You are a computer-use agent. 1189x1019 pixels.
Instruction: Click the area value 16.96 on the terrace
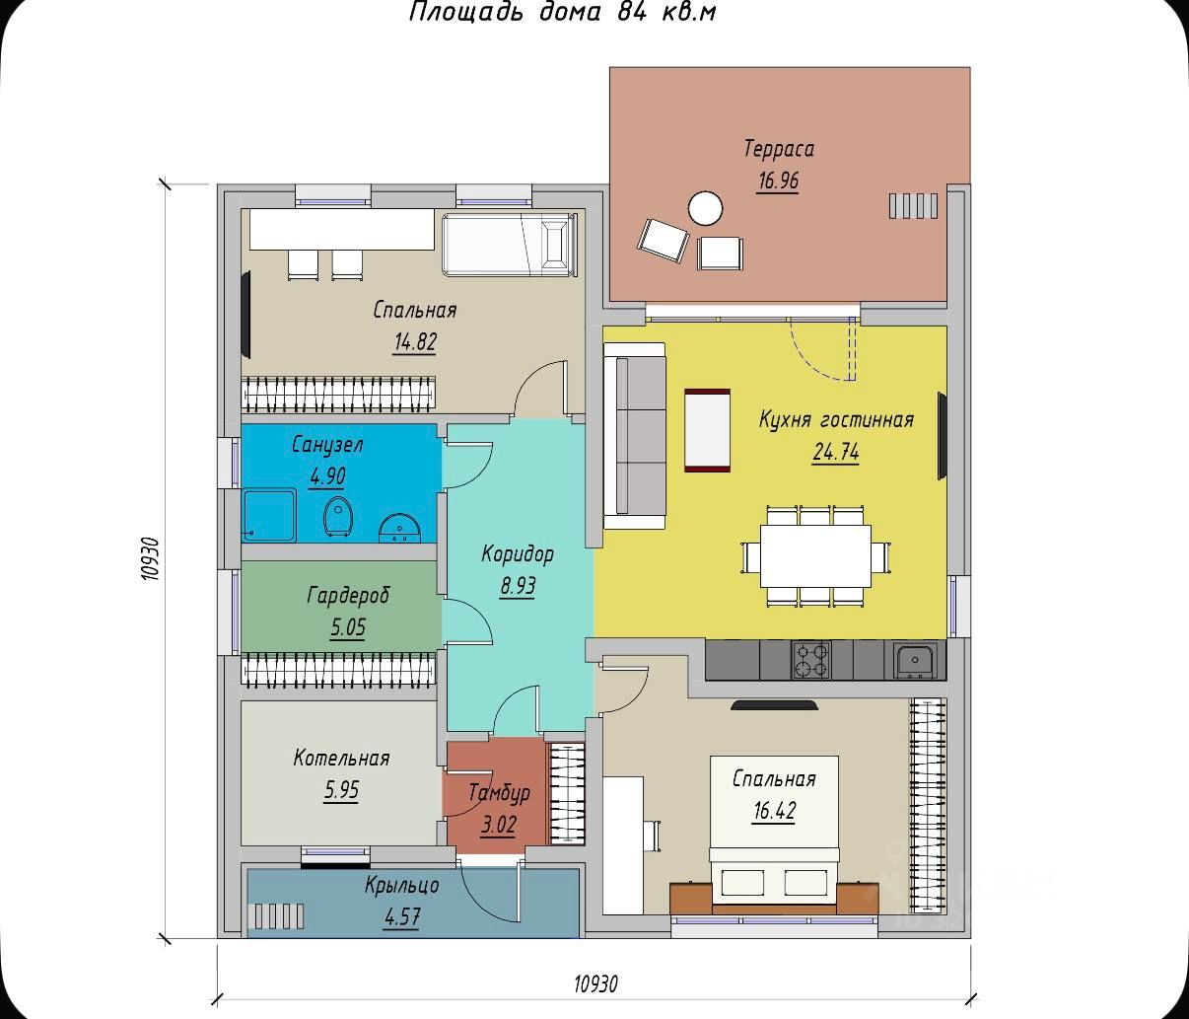[x=778, y=181]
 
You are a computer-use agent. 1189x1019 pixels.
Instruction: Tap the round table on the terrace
[x=705, y=208]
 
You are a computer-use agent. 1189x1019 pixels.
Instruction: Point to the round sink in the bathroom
[x=399, y=528]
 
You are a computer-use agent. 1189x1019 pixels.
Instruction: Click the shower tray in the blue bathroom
[x=269, y=515]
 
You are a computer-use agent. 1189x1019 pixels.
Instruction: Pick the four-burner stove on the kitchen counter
[x=811, y=660]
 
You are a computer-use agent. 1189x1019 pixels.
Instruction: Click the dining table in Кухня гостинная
[x=815, y=555]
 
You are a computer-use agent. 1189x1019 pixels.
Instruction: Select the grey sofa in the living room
[x=635, y=435]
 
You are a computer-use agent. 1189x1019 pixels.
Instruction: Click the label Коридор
[x=518, y=553]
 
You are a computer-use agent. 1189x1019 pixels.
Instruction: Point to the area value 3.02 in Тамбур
[x=498, y=825]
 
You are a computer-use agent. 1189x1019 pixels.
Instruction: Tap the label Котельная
[x=341, y=758]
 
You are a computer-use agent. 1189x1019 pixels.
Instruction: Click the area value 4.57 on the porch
[x=402, y=916]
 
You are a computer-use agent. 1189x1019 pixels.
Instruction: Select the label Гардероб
[x=348, y=595]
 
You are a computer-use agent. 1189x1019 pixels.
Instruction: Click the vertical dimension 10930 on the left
[x=150, y=558]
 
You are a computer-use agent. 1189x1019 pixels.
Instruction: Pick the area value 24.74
[x=836, y=452]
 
